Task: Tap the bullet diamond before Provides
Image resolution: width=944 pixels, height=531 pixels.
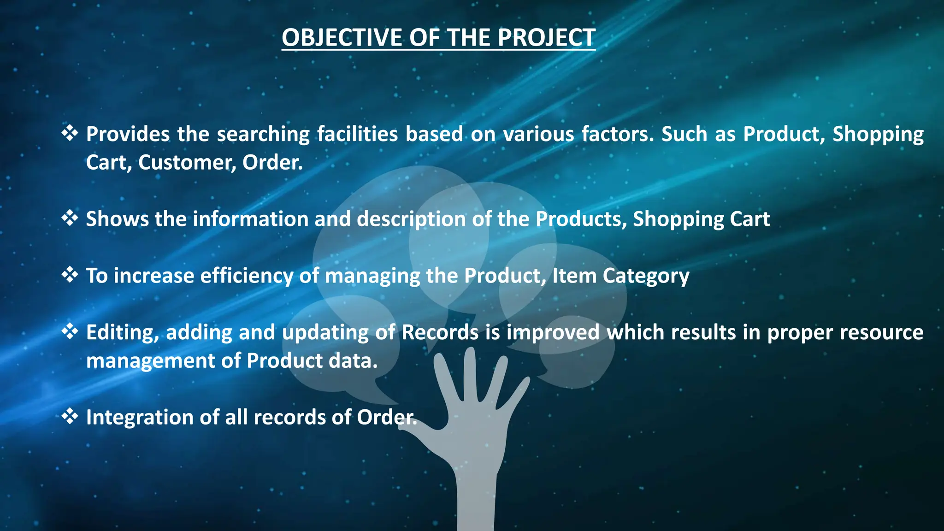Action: (x=70, y=133)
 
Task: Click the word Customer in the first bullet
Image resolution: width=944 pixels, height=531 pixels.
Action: (x=187, y=162)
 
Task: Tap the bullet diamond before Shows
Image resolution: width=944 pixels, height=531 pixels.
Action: (x=70, y=218)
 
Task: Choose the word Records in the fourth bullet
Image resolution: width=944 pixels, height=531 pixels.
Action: (x=440, y=332)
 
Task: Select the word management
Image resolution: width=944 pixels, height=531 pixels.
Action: (x=150, y=361)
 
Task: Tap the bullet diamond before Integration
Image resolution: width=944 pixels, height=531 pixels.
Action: (x=70, y=417)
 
